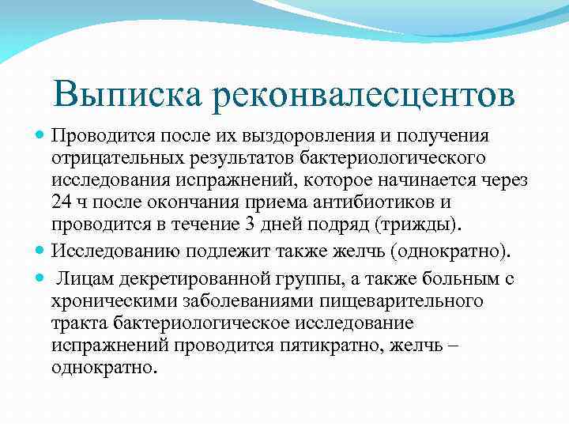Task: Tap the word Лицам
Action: [86, 281]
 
